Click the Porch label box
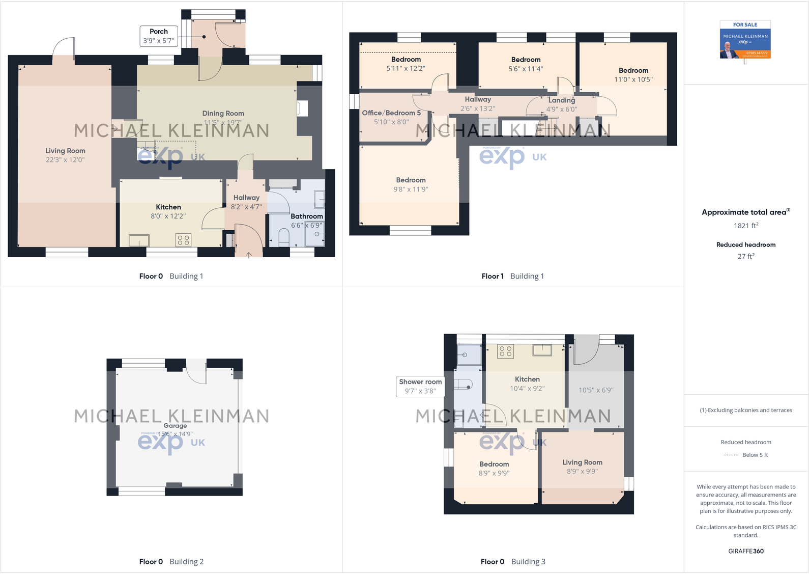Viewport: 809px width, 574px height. pyautogui.click(x=159, y=36)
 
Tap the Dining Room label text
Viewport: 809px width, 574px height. pyautogui.click(x=223, y=114)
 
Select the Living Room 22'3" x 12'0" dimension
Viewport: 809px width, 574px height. pyautogui.click(x=65, y=160)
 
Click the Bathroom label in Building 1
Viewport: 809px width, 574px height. pyautogui.click(x=307, y=216)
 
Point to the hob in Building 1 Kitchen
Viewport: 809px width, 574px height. pyautogui.click(x=183, y=240)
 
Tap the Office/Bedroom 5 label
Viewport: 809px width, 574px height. pyautogui.click(x=391, y=113)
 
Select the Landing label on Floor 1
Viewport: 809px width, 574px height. pyautogui.click(x=562, y=100)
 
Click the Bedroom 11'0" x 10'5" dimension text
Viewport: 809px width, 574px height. pyautogui.click(x=633, y=80)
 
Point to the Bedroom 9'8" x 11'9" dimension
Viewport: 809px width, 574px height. pyautogui.click(x=411, y=189)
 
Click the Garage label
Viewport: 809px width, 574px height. pyautogui.click(x=175, y=426)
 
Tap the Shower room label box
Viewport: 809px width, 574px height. pyautogui.click(x=420, y=387)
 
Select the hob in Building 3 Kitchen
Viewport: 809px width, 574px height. pyautogui.click(x=506, y=351)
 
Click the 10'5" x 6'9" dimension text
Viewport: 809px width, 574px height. pyautogui.click(x=596, y=390)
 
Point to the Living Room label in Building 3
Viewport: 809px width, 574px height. pyautogui.click(x=582, y=462)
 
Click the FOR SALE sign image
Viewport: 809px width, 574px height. pyautogui.click(x=745, y=40)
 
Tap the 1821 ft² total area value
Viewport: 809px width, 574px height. pyautogui.click(x=746, y=226)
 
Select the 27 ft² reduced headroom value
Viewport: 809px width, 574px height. pyautogui.click(x=746, y=256)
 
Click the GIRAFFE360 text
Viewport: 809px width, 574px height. pyautogui.click(x=746, y=551)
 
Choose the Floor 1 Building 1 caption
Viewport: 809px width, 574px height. pyautogui.click(x=512, y=276)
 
